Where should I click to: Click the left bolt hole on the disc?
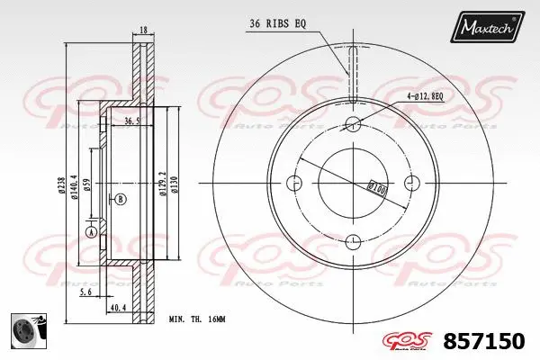293,184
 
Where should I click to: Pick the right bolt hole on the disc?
412,184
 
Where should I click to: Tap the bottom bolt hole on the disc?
353,240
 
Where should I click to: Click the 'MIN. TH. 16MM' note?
198,319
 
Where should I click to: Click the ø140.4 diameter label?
75,184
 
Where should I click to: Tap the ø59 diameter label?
87,184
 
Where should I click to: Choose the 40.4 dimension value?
117,307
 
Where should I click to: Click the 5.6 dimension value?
85,292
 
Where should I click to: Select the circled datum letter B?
121,198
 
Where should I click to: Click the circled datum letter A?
90,232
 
